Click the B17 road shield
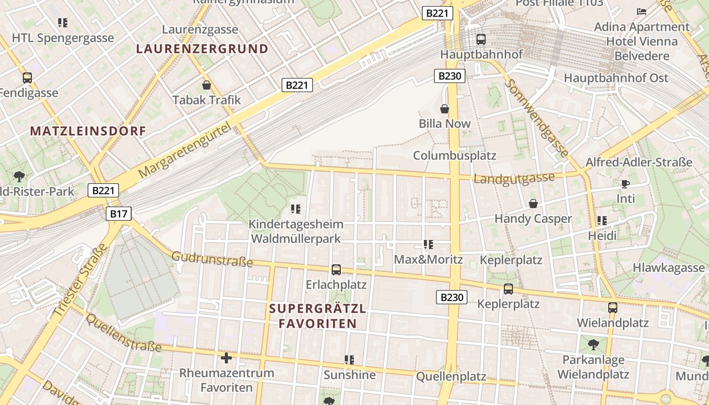tap(119, 214)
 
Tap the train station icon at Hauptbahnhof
tap(481, 39)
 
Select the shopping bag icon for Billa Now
tap(444, 109)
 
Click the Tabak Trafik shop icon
tap(206, 85)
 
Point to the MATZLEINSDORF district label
tap(88, 131)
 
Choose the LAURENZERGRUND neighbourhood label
tap(202, 49)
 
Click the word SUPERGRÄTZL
tap(318, 308)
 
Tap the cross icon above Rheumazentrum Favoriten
tap(226, 358)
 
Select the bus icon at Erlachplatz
tap(336, 270)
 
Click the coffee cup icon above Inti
tap(625, 184)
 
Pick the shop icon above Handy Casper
tap(533, 204)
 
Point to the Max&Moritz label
tap(428, 260)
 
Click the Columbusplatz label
tap(455, 155)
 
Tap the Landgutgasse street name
tap(514, 178)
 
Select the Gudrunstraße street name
tap(212, 259)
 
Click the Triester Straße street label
tap(80, 280)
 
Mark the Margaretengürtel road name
tap(188, 149)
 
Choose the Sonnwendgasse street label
tap(537, 117)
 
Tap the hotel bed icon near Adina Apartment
tap(642, 11)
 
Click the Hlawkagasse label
tap(668, 268)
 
